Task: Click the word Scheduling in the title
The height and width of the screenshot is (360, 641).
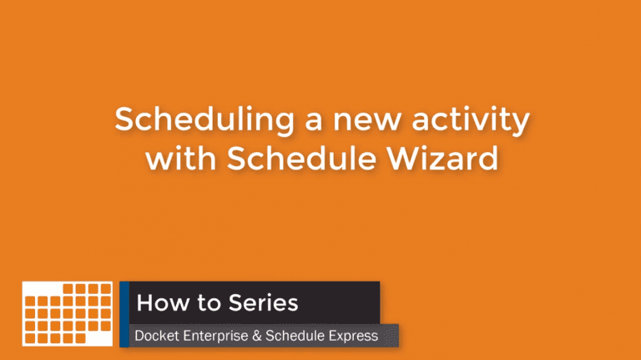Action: (204, 120)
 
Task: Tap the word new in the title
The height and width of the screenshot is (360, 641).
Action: (366, 121)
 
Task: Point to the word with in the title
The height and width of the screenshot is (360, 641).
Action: (180, 158)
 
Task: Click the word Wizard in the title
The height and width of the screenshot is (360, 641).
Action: (442, 158)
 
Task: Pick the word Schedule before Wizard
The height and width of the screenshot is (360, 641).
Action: (301, 158)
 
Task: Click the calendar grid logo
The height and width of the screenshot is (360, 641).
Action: (68, 314)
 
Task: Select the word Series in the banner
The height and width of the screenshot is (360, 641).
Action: (263, 302)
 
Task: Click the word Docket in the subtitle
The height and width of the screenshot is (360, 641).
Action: (157, 336)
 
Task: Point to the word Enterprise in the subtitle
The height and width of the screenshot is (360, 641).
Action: (215, 337)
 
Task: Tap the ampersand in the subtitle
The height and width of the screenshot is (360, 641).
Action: (257, 337)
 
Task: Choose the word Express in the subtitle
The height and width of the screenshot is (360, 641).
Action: (353, 337)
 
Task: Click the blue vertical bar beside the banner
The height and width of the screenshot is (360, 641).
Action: (124, 314)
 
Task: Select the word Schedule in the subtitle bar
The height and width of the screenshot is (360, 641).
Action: (295, 336)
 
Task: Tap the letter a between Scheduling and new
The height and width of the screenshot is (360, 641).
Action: (314, 121)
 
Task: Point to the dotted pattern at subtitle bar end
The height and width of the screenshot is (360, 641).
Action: (391, 336)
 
